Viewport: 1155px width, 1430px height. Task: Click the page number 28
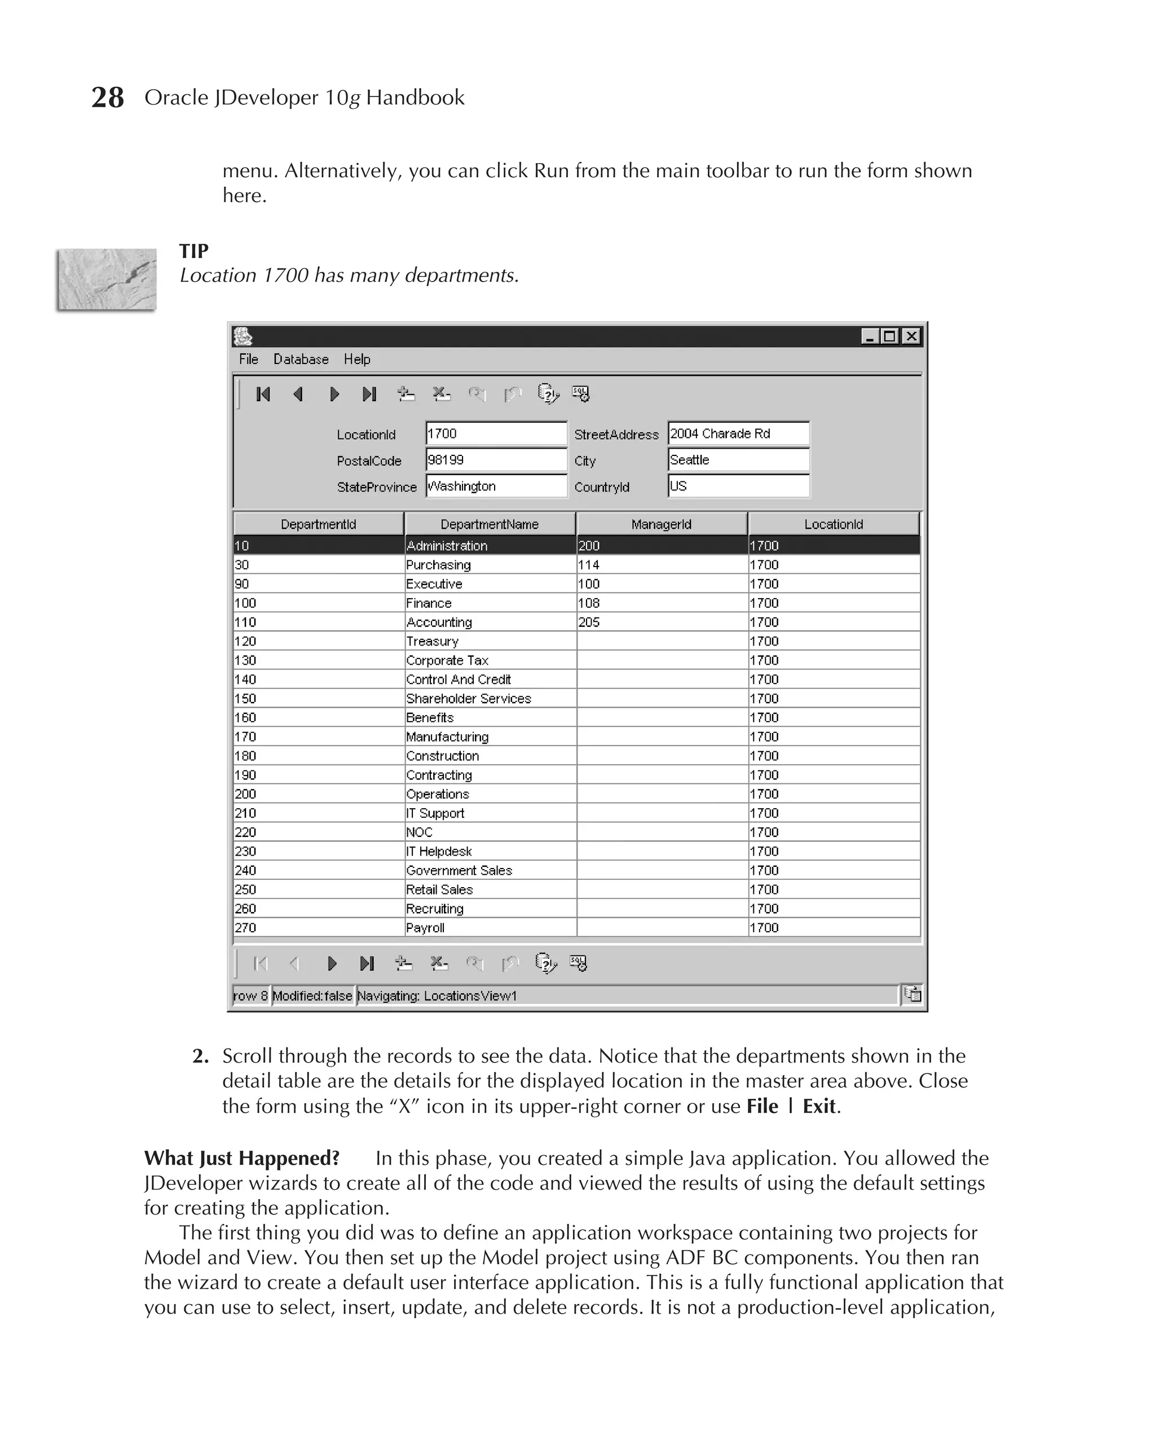(107, 98)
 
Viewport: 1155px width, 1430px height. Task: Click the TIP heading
(193, 251)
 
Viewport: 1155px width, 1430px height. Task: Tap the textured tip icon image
(107, 279)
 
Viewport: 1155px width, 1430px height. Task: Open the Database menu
(301, 359)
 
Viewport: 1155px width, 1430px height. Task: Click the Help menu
(356, 359)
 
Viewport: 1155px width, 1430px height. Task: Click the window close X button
(911, 336)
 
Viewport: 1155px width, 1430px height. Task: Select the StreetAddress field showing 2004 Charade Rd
(738, 433)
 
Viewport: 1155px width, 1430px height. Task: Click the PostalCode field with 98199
(496, 460)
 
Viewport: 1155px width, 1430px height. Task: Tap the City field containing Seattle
(738, 460)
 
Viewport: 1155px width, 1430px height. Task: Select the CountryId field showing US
(738, 486)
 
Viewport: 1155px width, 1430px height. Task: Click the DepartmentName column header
(489, 525)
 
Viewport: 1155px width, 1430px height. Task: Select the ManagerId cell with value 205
(589, 622)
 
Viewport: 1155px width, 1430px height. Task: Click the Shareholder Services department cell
(469, 699)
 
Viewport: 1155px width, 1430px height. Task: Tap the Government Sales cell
(459, 871)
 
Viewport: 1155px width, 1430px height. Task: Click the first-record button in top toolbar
(263, 395)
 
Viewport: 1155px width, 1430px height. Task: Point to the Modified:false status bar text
(312, 996)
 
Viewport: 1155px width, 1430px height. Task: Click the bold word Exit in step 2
(818, 1107)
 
